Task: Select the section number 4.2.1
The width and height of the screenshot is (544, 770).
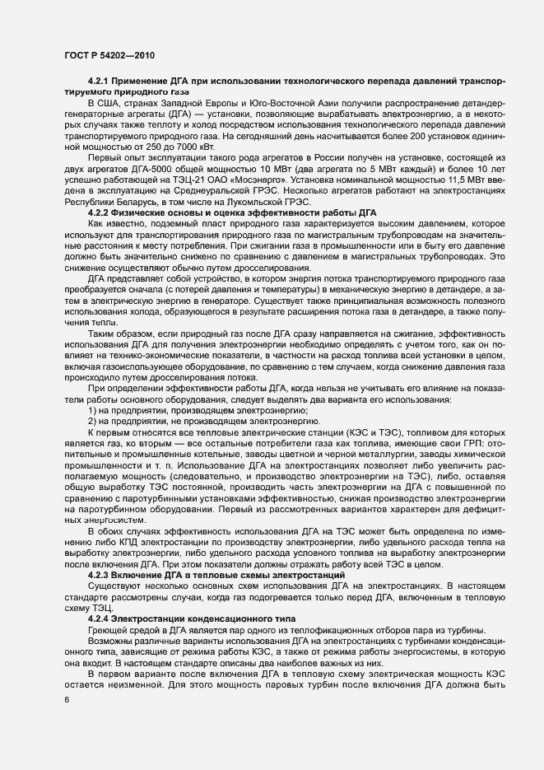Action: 100,83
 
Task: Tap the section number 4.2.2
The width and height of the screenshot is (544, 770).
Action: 100,212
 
